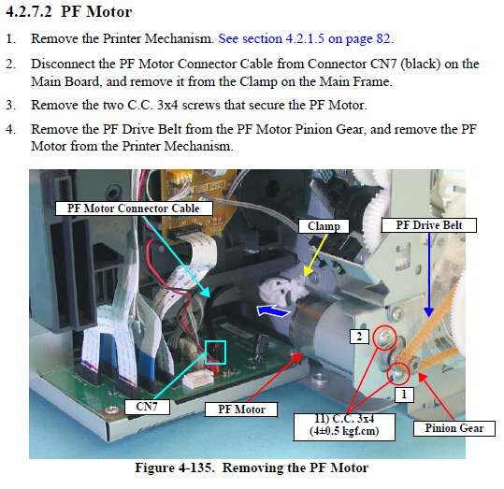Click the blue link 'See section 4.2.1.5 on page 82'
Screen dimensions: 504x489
click(x=306, y=39)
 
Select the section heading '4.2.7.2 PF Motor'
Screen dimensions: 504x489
click(x=69, y=12)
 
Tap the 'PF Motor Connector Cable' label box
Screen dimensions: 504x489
click(x=134, y=209)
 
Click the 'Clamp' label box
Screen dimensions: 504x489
click(x=324, y=226)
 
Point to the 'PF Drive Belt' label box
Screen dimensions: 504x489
click(x=429, y=225)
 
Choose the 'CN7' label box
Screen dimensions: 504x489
click(x=147, y=407)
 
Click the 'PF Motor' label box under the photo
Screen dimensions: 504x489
click(x=241, y=410)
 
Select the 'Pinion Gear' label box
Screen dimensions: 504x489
click(x=454, y=428)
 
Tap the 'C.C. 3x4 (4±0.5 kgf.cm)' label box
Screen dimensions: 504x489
click(x=344, y=426)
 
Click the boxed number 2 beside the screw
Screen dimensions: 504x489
click(x=359, y=337)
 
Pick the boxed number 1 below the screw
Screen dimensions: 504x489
click(x=404, y=395)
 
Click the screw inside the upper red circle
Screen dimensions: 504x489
click(x=384, y=338)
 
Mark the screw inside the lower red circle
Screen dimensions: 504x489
click(x=398, y=374)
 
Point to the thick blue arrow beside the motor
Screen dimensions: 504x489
click(x=273, y=311)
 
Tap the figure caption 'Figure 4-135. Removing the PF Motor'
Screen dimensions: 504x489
click(x=252, y=467)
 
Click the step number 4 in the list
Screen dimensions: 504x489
click(x=10, y=129)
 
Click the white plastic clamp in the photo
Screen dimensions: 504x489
click(x=282, y=288)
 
